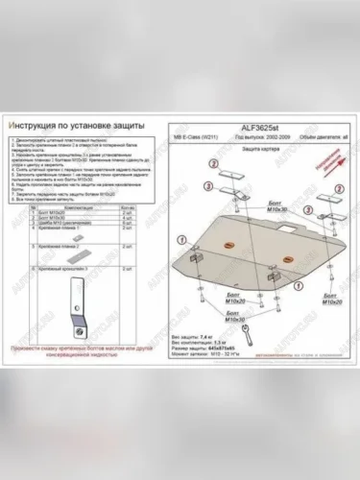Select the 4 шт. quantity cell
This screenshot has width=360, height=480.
click(x=128, y=192)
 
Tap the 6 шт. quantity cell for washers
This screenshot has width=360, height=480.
click(x=128, y=198)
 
